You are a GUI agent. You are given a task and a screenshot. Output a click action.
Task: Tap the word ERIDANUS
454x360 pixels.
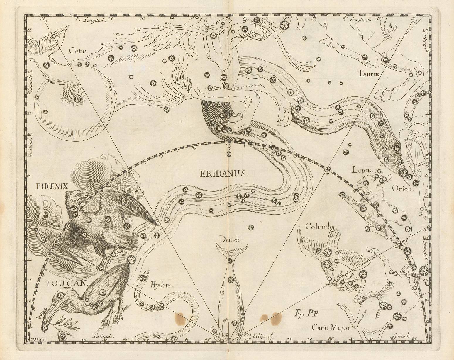pyautogui.click(x=224, y=174)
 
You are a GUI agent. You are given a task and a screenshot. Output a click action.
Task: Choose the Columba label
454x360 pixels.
pyautogui.click(x=322, y=227)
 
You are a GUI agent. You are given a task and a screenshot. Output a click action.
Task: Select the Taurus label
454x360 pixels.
pyautogui.click(x=369, y=74)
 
